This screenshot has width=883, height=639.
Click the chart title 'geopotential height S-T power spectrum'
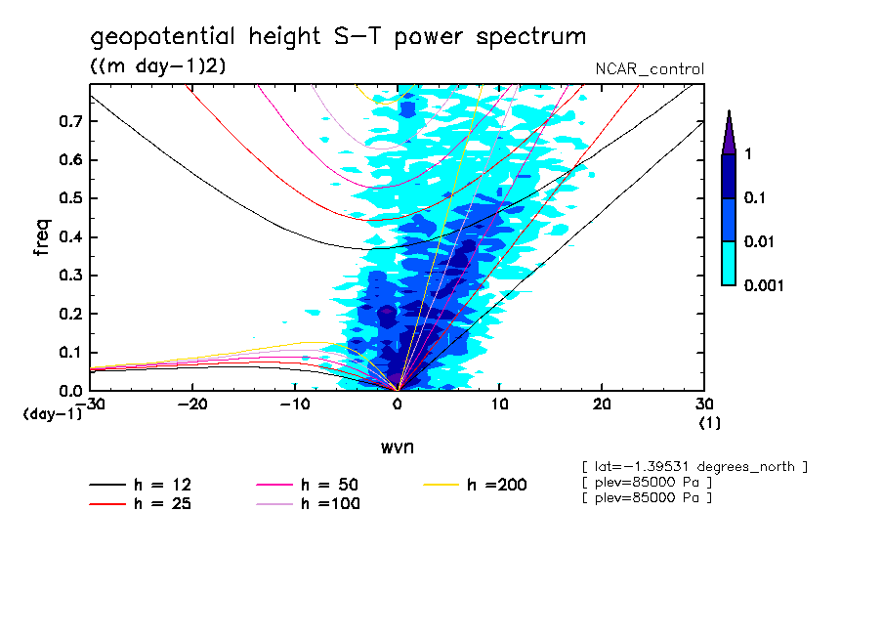pyautogui.click(x=338, y=37)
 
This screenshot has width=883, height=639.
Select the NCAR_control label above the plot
pyautogui.click(x=650, y=69)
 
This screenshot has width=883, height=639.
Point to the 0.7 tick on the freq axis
pyautogui.click(x=70, y=121)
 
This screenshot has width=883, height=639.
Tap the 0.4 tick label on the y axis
pyautogui.click(x=70, y=236)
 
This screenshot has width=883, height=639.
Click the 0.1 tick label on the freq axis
pyautogui.click(x=70, y=352)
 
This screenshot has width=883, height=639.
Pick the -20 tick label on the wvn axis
pyautogui.click(x=192, y=405)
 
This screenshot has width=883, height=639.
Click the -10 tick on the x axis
pyautogui.click(x=295, y=405)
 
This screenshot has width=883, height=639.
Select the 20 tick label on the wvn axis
pyautogui.click(x=602, y=405)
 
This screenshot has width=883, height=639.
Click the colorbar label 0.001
pyautogui.click(x=765, y=285)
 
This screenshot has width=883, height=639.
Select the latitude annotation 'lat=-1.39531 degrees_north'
pyautogui.click(x=694, y=466)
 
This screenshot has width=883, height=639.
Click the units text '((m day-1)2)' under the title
pyautogui.click(x=157, y=65)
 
